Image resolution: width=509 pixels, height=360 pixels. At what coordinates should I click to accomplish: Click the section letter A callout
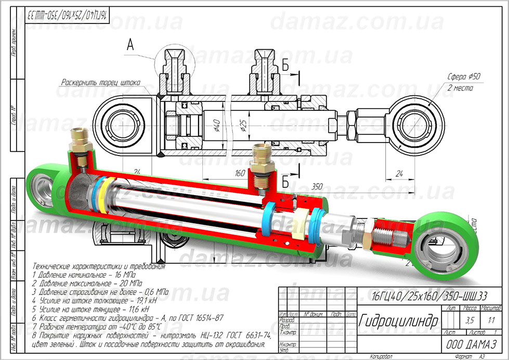coord(130,46)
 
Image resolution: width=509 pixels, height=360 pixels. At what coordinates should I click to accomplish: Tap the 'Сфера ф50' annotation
coord(464,76)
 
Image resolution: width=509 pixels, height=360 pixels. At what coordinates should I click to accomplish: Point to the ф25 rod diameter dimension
coord(243,125)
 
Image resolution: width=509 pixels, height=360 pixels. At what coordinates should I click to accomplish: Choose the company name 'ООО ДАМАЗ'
coord(471,344)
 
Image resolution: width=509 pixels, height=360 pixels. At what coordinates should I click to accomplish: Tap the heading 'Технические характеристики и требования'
coord(98,266)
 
